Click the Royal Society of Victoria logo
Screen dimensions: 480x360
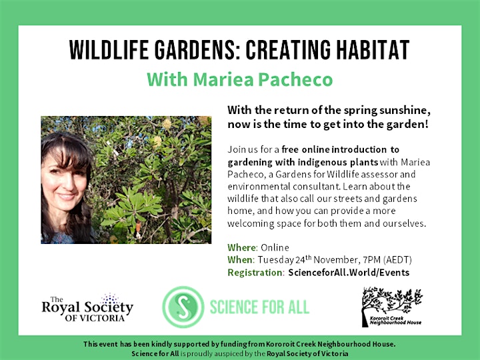[x=87, y=307]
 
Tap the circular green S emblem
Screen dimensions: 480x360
[x=183, y=307]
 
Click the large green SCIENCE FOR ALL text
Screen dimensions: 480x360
[x=259, y=307]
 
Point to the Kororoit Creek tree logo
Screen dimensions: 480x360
[x=391, y=307]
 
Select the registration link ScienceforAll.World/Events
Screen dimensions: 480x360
[x=349, y=273]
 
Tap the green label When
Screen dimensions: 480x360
[x=240, y=260]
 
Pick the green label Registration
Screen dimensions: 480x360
[x=255, y=273]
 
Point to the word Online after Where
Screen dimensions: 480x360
[x=275, y=247]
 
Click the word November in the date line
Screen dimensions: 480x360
[x=335, y=260]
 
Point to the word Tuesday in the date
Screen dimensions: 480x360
[x=275, y=260]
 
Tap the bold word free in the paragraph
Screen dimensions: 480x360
[x=290, y=149]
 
